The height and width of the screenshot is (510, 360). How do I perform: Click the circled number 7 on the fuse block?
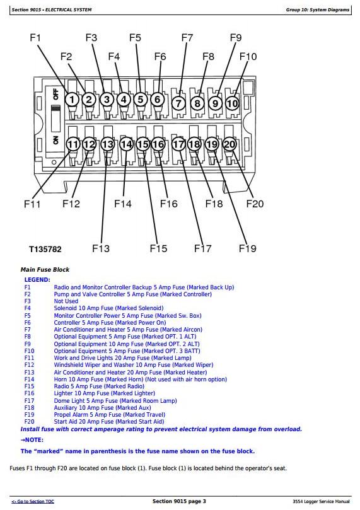[178, 103]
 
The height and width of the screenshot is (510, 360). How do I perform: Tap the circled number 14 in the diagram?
[126, 144]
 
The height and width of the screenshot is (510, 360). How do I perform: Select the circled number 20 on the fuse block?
[229, 144]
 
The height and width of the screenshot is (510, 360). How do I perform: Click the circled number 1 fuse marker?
[72, 99]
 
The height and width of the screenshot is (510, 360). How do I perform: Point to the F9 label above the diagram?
[236, 38]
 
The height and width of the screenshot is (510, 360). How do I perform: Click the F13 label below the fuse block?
[101, 248]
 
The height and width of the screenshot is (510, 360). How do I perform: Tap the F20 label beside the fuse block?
[255, 204]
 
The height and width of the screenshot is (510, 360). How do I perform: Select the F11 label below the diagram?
[32, 204]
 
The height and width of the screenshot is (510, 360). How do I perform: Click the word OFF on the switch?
[55, 95]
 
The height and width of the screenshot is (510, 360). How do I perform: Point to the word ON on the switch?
[55, 140]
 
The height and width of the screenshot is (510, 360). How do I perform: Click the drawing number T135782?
[45, 250]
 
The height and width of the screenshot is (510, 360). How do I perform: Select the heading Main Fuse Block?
[45, 270]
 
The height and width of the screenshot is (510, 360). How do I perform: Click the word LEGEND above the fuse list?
[37, 280]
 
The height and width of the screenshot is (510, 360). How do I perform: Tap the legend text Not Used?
[66, 301]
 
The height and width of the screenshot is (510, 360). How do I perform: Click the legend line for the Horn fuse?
[140, 380]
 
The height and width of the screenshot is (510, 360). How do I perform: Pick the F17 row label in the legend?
[29, 401]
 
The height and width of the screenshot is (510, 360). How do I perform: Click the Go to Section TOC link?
[33, 502]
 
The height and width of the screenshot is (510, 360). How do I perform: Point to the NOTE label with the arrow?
[32, 440]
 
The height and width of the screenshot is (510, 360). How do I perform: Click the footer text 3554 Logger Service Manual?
[321, 502]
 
